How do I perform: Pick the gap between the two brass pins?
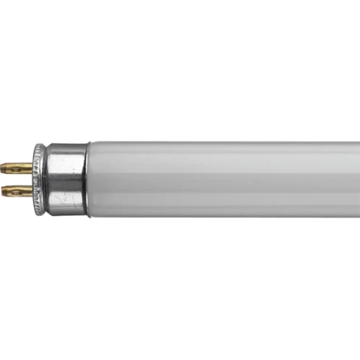[20, 178]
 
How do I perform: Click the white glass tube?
[224, 178]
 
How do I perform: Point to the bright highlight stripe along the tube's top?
[224, 148]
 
